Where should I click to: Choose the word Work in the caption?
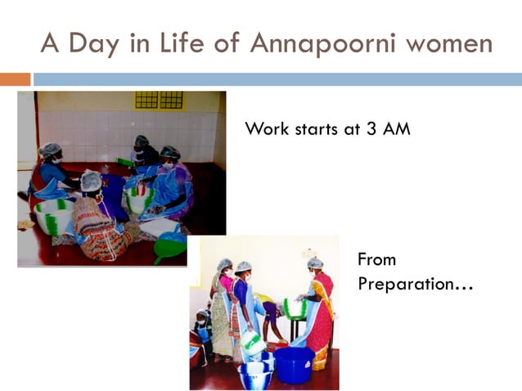tap(266, 129)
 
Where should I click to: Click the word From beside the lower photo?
tap(376, 260)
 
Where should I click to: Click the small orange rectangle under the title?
tap(15, 79)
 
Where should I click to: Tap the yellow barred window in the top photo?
tap(159, 100)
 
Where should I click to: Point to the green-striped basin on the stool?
tap(294, 308)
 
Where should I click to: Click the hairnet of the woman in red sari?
tap(315, 263)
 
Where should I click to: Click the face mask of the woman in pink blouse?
tap(227, 272)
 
